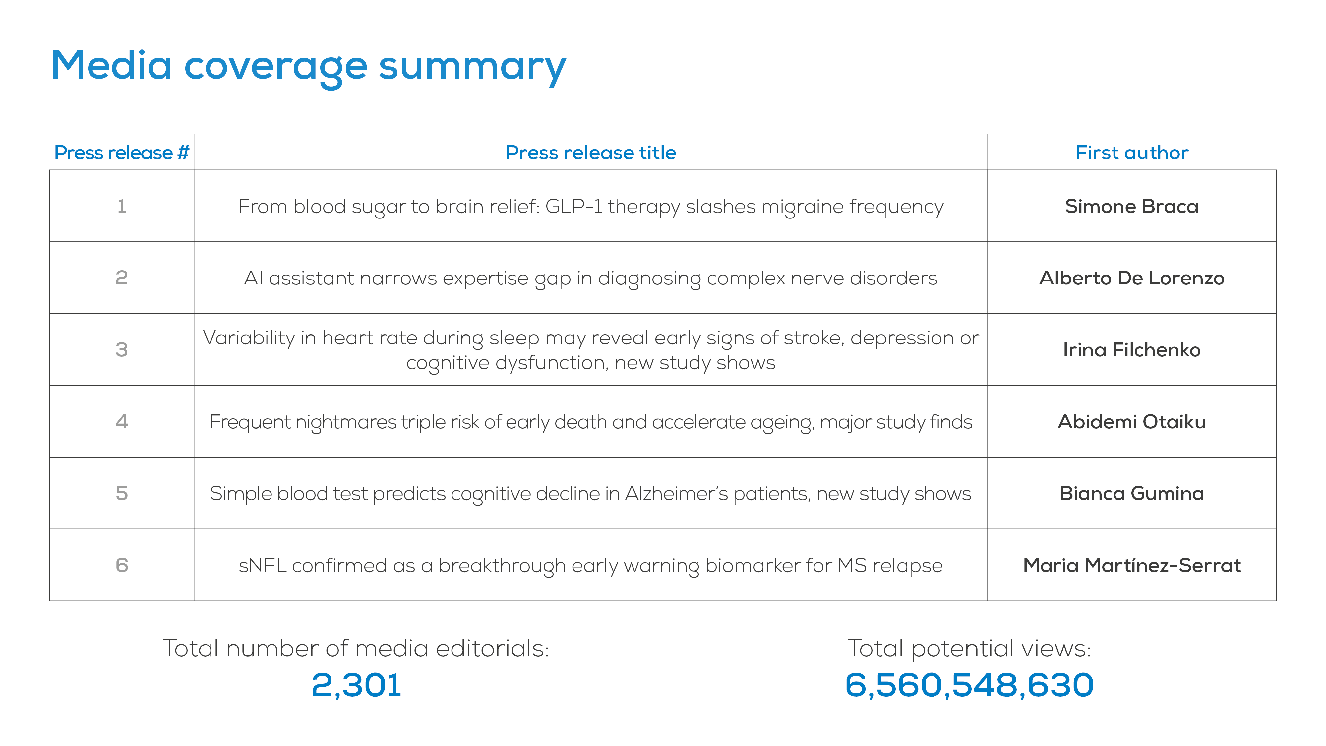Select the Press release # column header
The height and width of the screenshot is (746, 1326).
click(121, 153)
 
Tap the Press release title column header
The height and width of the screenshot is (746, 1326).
click(590, 153)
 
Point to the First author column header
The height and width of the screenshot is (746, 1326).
click(1131, 153)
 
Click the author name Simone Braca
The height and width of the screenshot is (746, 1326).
click(1131, 207)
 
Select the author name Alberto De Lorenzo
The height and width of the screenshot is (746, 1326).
click(1131, 278)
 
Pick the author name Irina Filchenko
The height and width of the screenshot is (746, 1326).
click(1131, 350)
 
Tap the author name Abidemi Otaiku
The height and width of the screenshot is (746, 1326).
click(1131, 422)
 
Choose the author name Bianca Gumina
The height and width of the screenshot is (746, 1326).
click(1131, 494)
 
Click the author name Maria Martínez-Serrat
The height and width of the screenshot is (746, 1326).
click(1131, 565)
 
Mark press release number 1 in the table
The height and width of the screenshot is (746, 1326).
click(121, 207)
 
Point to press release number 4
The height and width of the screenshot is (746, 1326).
click(121, 422)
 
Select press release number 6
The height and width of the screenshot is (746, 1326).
click(121, 565)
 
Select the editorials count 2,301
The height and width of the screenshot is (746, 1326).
click(356, 685)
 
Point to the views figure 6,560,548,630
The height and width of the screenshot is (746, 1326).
click(969, 685)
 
